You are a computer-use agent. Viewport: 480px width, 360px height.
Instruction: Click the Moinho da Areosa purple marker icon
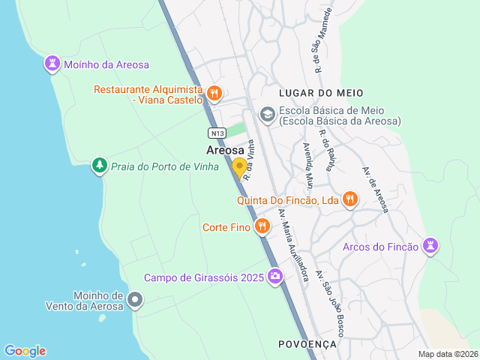tap(52, 64)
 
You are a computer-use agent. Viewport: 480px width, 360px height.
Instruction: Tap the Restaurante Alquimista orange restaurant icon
tap(214, 94)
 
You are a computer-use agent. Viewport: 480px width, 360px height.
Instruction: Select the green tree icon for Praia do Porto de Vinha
tap(99, 165)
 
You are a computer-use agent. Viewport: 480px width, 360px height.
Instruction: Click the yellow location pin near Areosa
tap(239, 167)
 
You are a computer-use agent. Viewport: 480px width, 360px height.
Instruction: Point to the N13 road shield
tap(217, 133)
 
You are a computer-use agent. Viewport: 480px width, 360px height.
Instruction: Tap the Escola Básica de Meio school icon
tap(266, 115)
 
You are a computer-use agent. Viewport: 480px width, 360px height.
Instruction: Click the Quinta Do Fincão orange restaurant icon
tap(349, 199)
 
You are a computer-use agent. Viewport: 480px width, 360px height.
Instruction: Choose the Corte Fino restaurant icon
tap(262, 226)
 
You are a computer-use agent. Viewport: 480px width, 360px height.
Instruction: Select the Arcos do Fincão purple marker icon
tap(430, 246)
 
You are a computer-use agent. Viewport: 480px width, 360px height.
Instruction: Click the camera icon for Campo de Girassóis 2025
tap(275, 277)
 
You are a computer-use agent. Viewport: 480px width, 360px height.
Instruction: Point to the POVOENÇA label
tap(307, 343)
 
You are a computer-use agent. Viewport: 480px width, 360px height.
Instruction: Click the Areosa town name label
tap(225, 150)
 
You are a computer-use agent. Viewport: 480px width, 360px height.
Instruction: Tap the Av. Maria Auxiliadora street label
tap(293, 244)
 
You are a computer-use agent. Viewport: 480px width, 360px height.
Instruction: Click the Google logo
tap(25, 351)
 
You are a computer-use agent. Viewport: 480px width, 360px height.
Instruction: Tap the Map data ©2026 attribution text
tap(447, 354)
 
